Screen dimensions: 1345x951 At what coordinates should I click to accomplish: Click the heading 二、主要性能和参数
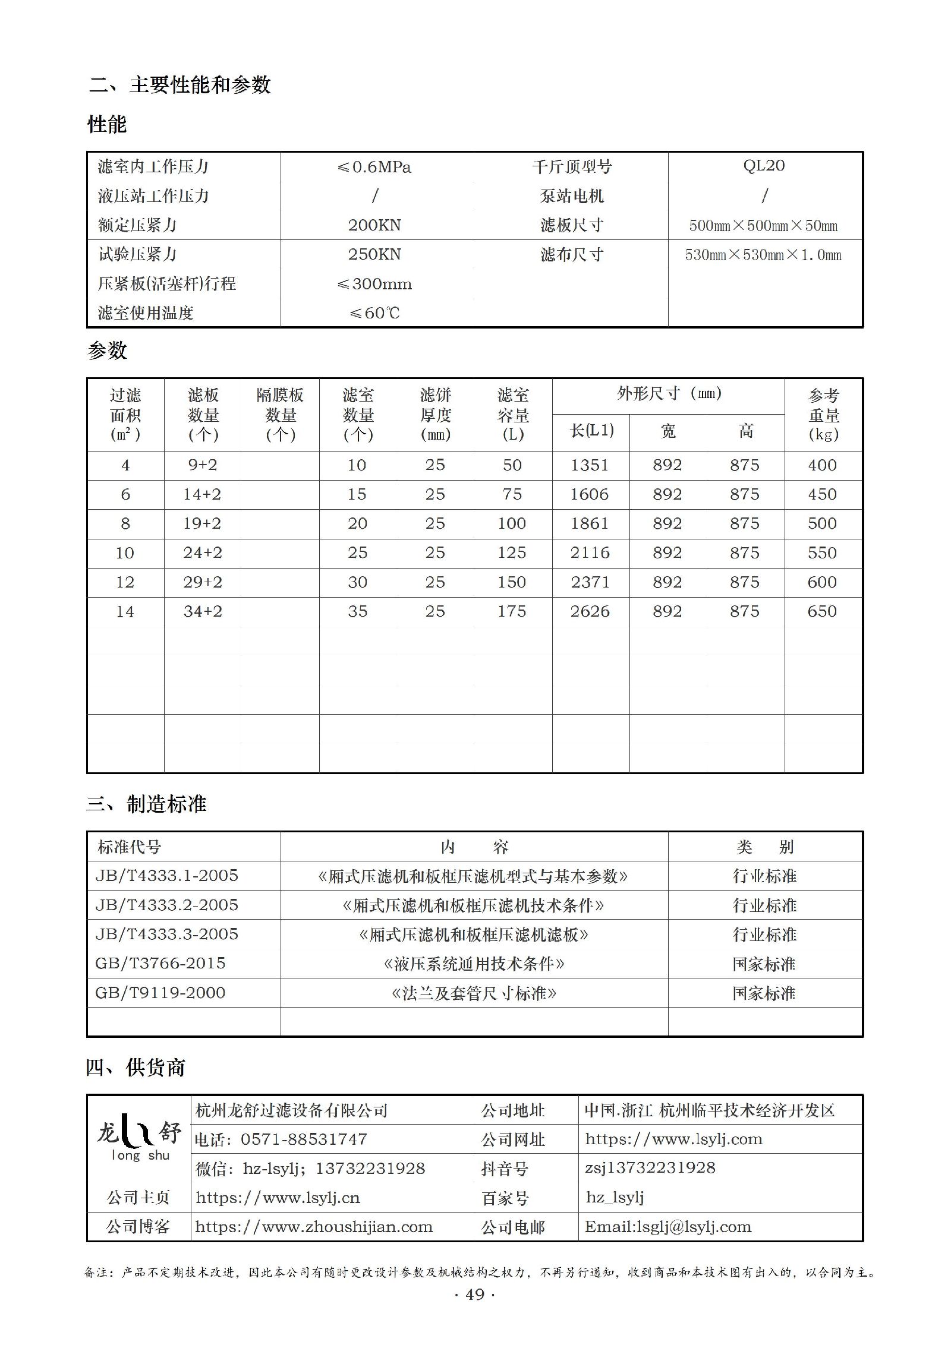[180, 85]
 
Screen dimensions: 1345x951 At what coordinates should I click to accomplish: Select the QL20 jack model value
[764, 166]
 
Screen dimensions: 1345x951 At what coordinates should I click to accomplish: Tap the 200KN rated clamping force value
[374, 225]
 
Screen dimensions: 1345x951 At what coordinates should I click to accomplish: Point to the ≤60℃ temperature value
[374, 313]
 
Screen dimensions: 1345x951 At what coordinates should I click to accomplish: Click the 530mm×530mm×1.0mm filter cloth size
[763, 255]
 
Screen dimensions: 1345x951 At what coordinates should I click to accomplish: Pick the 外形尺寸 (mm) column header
[669, 394]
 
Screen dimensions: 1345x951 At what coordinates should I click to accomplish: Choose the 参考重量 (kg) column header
[823, 415]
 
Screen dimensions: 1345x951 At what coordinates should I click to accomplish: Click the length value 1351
[590, 465]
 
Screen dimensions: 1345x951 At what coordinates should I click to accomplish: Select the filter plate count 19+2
[202, 523]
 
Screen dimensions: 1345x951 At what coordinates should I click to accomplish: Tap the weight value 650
[822, 611]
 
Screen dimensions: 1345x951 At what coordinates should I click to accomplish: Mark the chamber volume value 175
[512, 611]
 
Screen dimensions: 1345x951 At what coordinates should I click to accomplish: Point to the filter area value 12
[125, 582]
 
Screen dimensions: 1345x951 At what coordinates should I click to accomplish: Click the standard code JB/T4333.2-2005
[166, 905]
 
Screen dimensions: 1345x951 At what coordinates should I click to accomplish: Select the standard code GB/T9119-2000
[160, 993]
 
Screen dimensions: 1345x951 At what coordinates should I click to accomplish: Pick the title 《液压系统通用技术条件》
[474, 964]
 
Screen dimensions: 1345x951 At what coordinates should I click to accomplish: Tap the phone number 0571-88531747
[304, 1139]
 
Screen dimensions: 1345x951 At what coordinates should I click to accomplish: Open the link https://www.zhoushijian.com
[314, 1227]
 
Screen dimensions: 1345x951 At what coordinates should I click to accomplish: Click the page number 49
[475, 1295]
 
